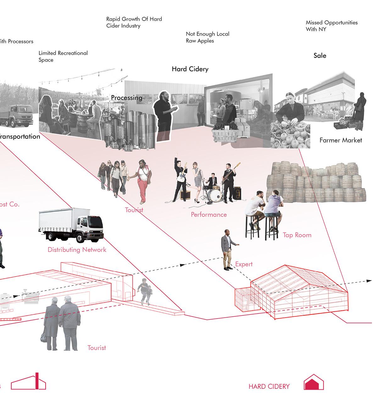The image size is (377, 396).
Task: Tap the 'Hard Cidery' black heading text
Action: click(190, 69)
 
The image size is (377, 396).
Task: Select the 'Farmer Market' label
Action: click(341, 140)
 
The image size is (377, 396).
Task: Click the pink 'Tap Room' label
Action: click(297, 235)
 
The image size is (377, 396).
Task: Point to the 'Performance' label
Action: click(209, 214)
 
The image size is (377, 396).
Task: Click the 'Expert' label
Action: click(244, 264)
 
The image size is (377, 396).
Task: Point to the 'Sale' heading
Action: click(320, 56)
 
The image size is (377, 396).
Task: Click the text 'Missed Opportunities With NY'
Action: click(331, 26)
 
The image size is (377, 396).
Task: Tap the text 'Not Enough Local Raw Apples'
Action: click(208, 37)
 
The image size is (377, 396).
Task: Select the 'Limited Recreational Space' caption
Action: click(63, 56)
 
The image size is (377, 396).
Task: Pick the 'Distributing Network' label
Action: click(77, 250)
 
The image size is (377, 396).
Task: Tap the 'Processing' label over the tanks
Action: click(126, 98)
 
